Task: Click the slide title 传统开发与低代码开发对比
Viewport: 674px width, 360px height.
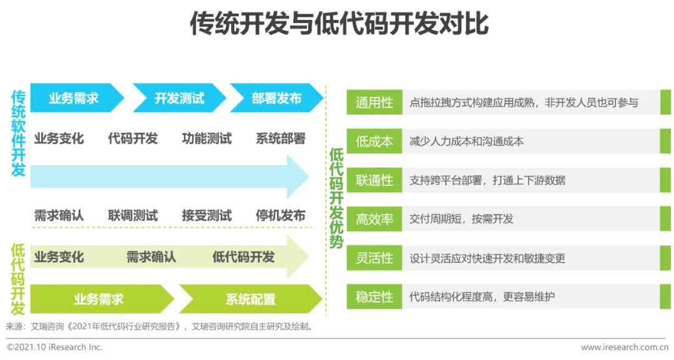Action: point(339,24)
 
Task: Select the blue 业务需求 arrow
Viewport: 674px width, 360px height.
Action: point(74,98)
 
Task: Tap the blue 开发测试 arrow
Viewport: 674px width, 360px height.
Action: point(179,98)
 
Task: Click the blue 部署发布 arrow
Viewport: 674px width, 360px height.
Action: point(276,98)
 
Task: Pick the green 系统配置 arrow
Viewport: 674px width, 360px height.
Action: point(250,299)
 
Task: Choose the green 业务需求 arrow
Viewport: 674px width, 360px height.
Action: point(99,299)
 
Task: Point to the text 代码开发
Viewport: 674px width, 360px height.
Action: point(133,138)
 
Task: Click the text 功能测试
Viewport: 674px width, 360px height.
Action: point(207,138)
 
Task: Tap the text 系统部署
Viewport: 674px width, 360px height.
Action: point(280,138)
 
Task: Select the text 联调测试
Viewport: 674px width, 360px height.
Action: point(133,215)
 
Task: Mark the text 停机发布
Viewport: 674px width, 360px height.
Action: point(280,215)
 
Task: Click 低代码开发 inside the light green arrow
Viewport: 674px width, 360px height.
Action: point(243,256)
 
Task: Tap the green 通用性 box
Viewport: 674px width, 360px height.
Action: point(374,102)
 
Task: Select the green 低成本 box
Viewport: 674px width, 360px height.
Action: point(374,142)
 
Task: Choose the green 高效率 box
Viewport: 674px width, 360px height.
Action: point(374,219)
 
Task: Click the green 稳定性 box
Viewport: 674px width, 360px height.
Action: point(374,297)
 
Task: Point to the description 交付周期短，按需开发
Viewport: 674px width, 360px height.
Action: point(461,219)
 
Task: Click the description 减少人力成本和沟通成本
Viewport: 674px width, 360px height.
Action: point(466,142)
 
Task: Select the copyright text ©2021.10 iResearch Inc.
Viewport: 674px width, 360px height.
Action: point(54,347)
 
